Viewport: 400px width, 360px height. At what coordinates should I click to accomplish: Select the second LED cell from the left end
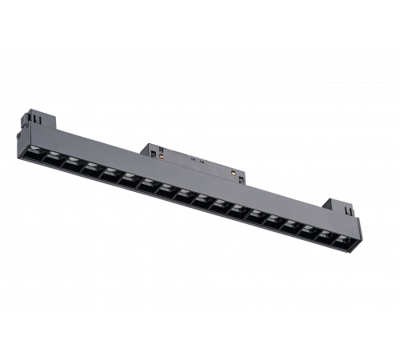(x=54, y=156)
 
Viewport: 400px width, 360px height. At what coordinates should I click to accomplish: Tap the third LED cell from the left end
(x=72, y=162)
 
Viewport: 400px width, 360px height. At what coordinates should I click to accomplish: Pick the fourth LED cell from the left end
(x=90, y=167)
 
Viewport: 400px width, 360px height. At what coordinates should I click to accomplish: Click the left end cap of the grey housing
(x=19, y=135)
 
